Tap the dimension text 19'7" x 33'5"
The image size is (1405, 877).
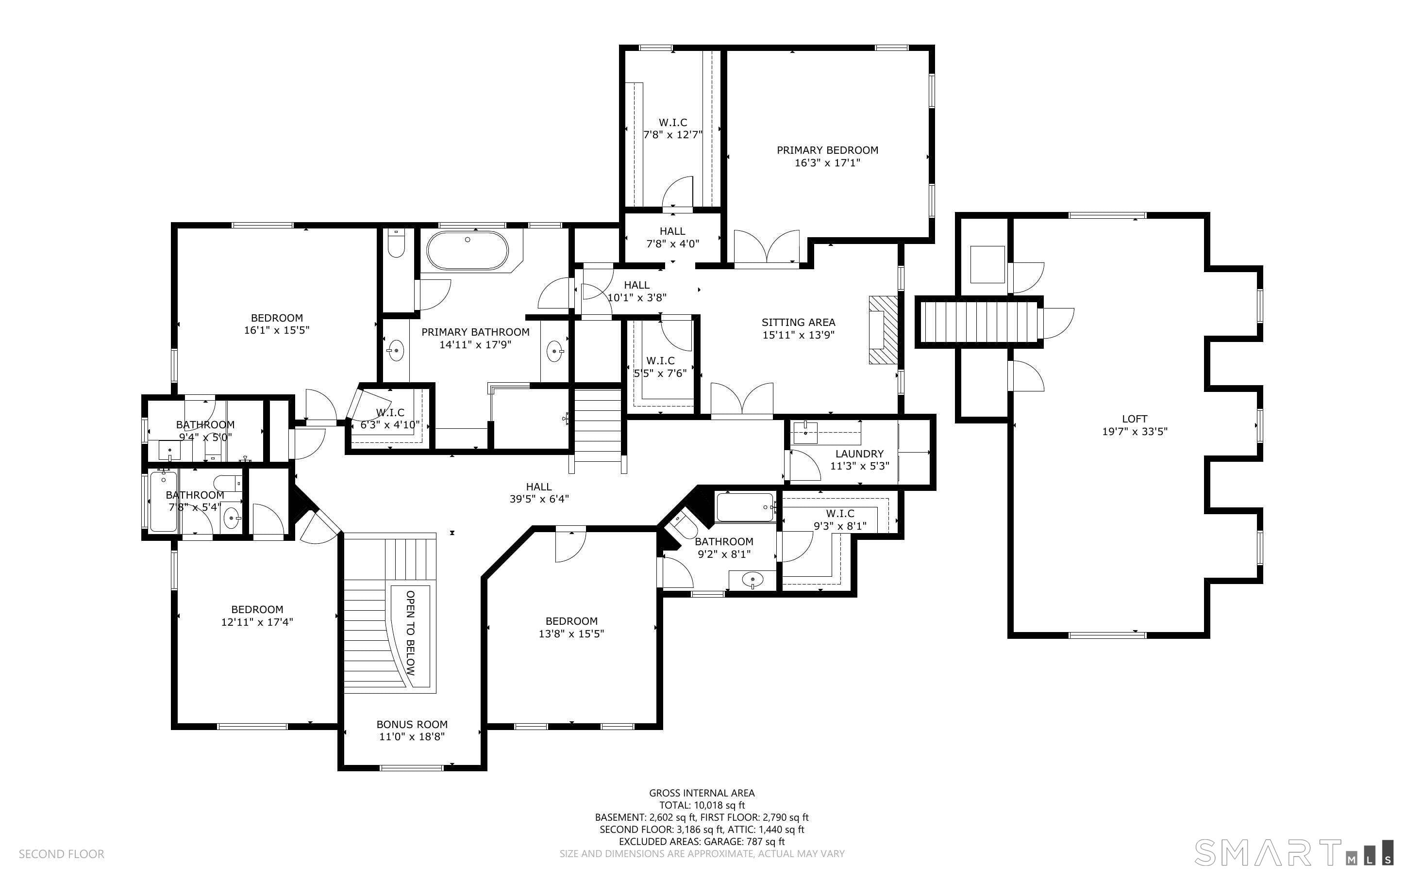(x=1135, y=432)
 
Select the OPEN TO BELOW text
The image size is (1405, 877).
(x=410, y=633)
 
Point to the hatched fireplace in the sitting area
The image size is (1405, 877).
(x=883, y=330)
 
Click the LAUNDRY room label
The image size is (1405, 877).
(x=859, y=454)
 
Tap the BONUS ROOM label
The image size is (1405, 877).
(x=412, y=725)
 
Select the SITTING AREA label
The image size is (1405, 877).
(x=799, y=323)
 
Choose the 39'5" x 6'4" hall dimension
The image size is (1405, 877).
(x=539, y=499)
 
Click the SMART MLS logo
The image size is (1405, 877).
(x=1293, y=852)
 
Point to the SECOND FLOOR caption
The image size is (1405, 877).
(x=62, y=854)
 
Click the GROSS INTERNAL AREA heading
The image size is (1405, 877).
(x=702, y=793)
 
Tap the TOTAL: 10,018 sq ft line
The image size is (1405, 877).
(x=702, y=805)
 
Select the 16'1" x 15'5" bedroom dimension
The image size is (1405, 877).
(x=277, y=330)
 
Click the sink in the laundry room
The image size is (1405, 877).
(x=805, y=432)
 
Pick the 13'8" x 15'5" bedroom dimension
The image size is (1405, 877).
(x=571, y=634)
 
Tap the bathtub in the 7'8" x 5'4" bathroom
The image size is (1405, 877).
(x=164, y=502)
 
